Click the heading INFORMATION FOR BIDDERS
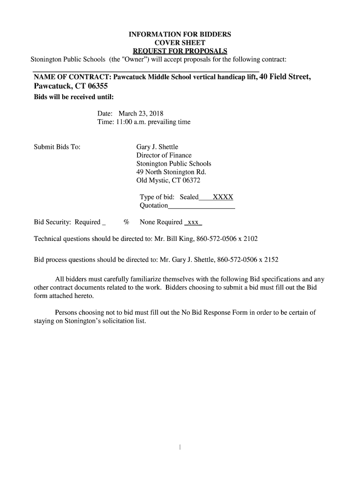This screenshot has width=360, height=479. [180, 35]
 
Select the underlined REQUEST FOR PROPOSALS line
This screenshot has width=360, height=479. [180, 51]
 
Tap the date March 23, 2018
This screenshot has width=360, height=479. [141, 113]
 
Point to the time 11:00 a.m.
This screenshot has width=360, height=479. [127, 122]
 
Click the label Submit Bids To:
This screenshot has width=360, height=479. [57, 147]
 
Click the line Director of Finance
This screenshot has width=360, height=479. [164, 155]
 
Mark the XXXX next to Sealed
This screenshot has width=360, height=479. [223, 197]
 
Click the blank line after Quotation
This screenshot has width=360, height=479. [201, 206]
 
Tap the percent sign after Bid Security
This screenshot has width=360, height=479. [126, 222]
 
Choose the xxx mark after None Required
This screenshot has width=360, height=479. [193, 222]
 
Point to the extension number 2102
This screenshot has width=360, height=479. [249, 239]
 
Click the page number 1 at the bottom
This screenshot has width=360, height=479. [180, 448]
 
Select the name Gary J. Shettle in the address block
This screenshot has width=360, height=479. [157, 147]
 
